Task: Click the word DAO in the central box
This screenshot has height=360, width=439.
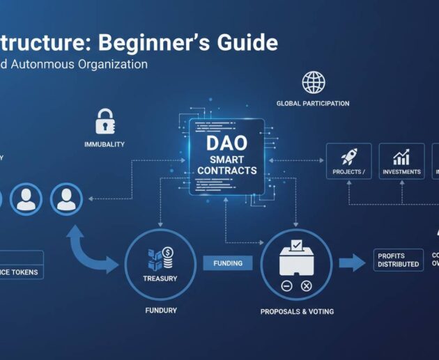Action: coord(226,144)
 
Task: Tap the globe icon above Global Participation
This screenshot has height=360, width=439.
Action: coord(313,82)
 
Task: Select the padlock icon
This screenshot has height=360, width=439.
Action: coord(105,120)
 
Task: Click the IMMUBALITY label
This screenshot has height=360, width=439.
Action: coord(104,144)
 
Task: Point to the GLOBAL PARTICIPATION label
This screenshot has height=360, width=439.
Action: coord(313,104)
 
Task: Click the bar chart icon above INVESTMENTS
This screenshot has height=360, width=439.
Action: coord(401,157)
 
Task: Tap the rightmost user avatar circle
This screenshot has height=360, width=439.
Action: coord(66,198)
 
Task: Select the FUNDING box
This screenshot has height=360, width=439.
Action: coord(228,263)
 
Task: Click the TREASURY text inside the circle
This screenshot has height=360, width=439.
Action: coord(160,279)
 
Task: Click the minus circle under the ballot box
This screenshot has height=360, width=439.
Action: coord(286,286)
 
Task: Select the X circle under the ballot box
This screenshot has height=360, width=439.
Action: coord(306,286)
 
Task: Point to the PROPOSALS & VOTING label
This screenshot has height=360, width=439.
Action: coord(297,311)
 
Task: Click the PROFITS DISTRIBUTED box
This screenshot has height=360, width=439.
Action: coord(398,260)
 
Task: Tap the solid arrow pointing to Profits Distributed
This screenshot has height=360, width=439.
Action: coord(353,263)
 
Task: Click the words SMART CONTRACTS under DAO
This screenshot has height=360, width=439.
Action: coord(226,165)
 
